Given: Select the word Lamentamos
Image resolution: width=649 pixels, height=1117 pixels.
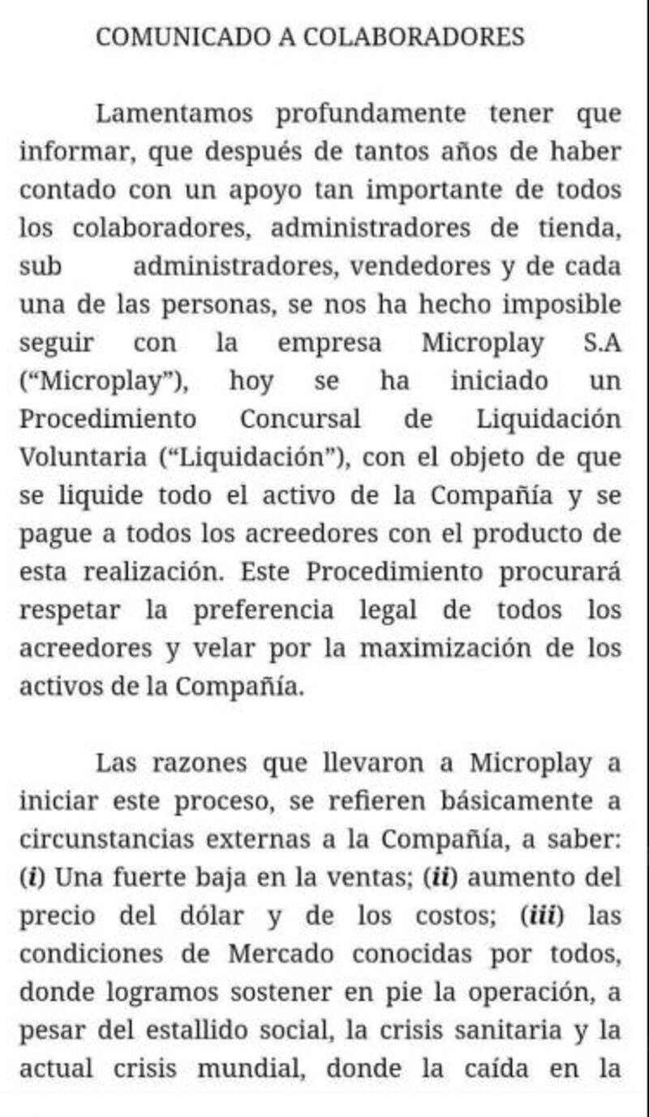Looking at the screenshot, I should [x=174, y=114].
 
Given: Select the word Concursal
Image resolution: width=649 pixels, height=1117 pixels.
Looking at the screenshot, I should [x=300, y=420].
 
